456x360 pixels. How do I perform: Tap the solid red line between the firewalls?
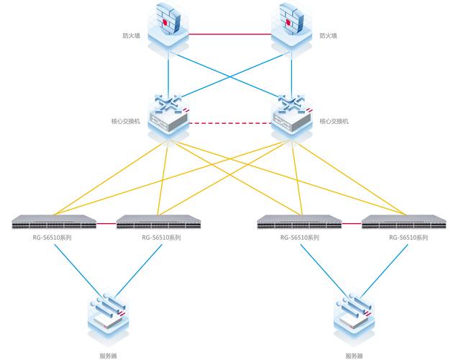coord(229,32)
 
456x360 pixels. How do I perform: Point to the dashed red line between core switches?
coord(229,122)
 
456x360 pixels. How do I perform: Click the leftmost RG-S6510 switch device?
coord(55,222)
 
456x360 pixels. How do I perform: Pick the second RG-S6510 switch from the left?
coord(158,222)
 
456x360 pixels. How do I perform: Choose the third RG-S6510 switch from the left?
coord(299,222)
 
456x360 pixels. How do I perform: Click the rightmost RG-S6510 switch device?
coord(403,222)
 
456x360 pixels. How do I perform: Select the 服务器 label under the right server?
coord(354,355)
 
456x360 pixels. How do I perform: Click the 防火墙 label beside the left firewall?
coord(131,35)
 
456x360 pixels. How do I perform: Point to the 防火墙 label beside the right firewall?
coord(327,35)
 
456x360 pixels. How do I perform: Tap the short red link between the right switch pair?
coord(352,223)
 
